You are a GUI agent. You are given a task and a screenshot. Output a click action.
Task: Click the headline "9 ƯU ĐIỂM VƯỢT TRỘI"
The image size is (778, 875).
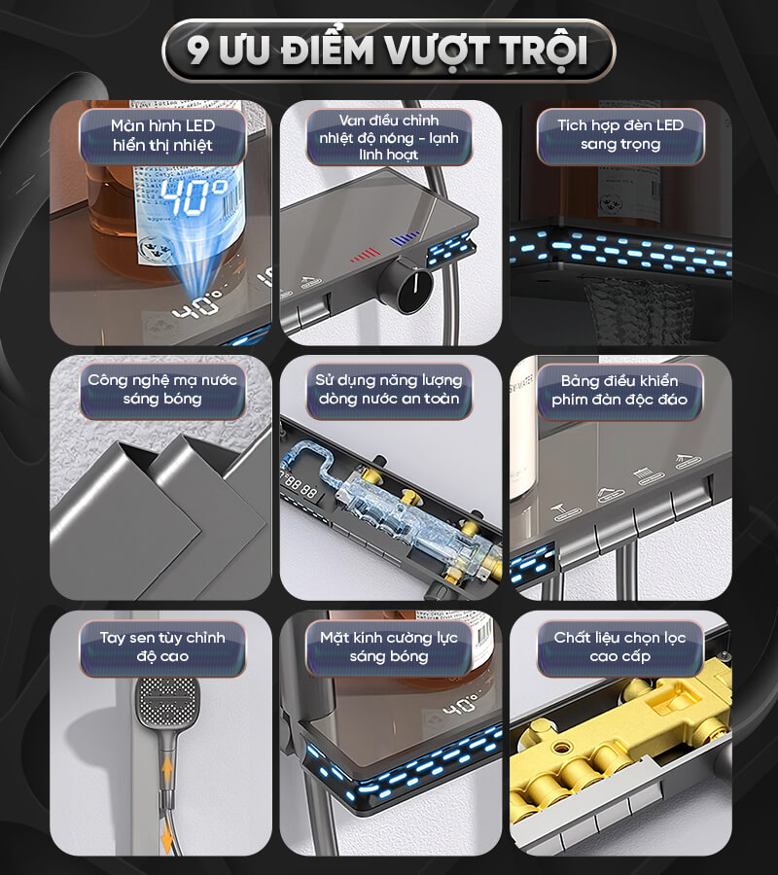pyautogui.click(x=388, y=51)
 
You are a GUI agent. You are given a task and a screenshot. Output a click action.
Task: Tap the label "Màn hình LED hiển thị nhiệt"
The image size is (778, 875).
pyautogui.click(x=162, y=135)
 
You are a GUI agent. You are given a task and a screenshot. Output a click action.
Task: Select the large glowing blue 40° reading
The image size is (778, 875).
pyautogui.click(x=193, y=196)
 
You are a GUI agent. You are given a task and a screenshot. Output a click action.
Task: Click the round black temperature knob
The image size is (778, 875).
pyautogui.click(x=408, y=285)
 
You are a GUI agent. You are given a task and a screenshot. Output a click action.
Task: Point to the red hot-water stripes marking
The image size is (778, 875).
pyautogui.click(x=366, y=256)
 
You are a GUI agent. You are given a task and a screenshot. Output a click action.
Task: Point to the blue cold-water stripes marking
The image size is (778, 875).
pyautogui.click(x=405, y=238)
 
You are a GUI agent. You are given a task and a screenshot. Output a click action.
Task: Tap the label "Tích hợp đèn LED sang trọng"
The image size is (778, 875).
pyautogui.click(x=620, y=134)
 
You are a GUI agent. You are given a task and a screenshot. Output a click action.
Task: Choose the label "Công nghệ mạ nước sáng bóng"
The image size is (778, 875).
pyautogui.click(x=162, y=389)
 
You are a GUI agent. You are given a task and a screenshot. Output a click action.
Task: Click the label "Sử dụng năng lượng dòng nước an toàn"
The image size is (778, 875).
pyautogui.click(x=389, y=389)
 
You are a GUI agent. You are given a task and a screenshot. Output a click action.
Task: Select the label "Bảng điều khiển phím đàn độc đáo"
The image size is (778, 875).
pyautogui.click(x=619, y=390)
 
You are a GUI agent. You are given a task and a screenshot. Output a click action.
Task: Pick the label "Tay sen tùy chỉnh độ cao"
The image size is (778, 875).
pyautogui.click(x=162, y=647)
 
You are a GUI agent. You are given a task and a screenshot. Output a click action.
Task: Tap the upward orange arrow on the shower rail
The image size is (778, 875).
pyautogui.click(x=167, y=774)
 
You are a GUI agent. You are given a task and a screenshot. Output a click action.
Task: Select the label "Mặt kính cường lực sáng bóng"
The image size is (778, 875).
pyautogui.click(x=389, y=647)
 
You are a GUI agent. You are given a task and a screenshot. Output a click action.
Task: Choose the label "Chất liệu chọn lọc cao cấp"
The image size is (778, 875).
pyautogui.click(x=620, y=647)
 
